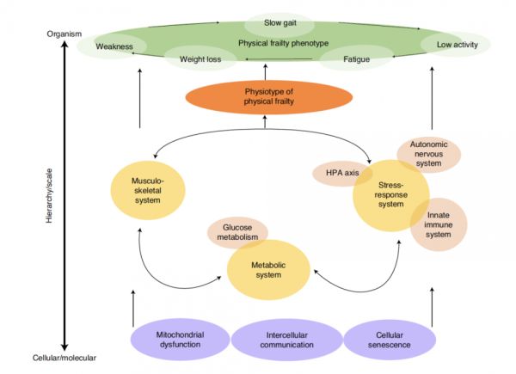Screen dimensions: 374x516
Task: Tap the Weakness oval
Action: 114,46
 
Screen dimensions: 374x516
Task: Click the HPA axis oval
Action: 340,174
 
